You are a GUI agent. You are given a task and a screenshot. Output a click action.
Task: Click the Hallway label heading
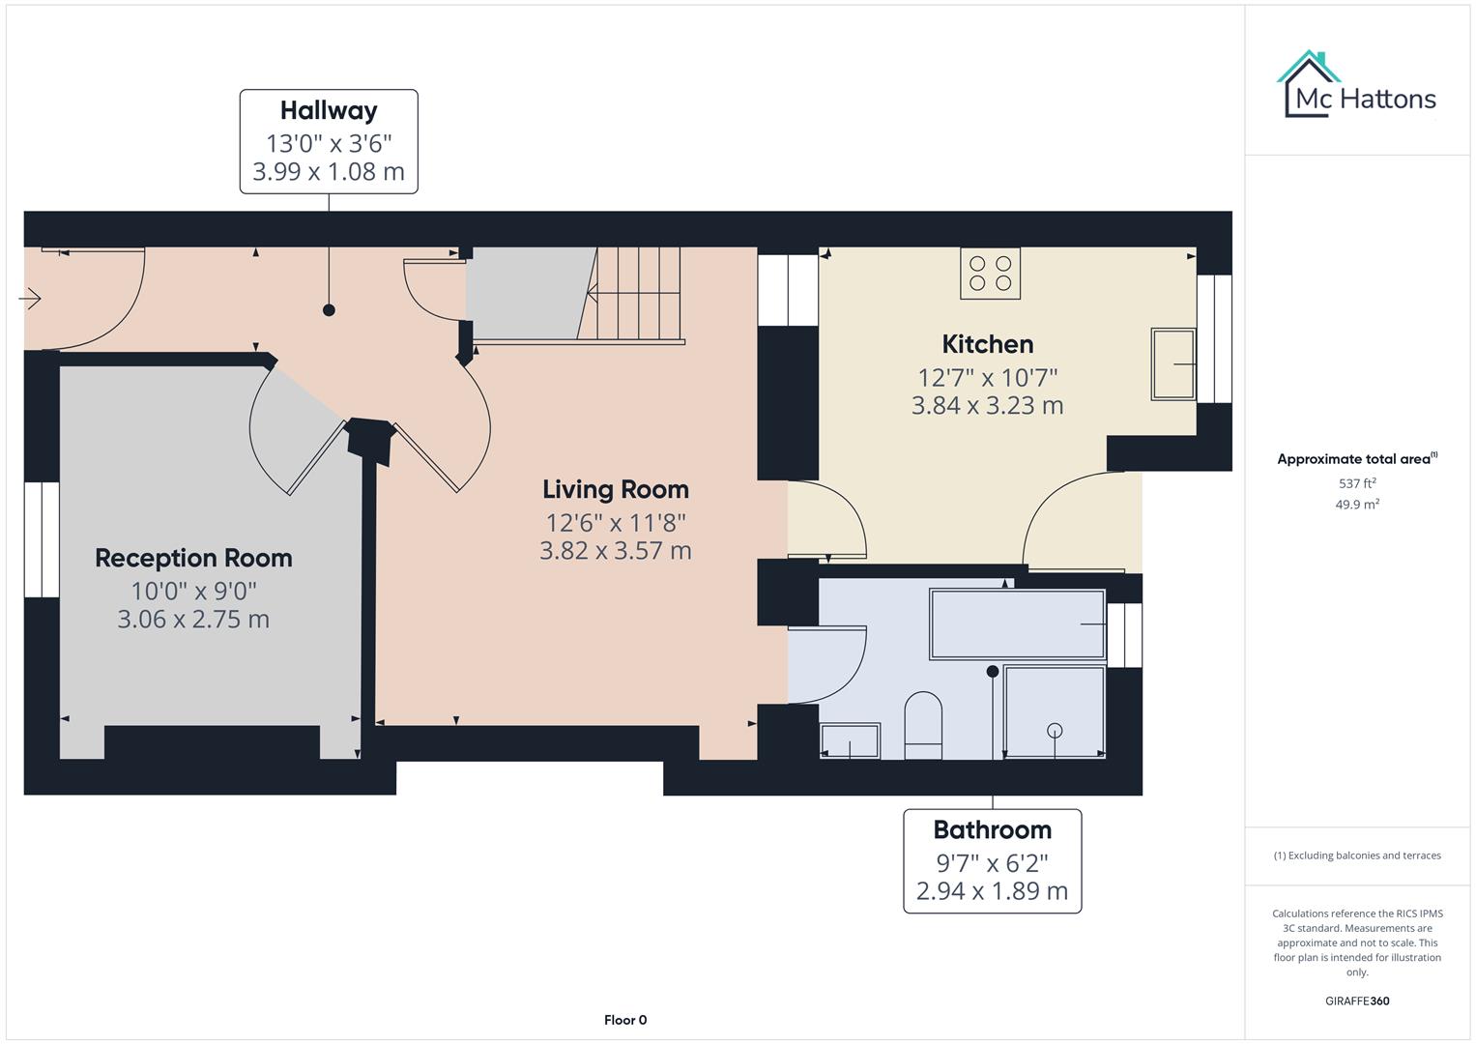click(329, 111)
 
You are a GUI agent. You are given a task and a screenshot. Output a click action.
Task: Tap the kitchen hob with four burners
click(990, 274)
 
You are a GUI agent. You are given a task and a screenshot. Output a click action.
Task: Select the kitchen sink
click(1172, 364)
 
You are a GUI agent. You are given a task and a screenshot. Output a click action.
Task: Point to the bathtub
click(1017, 624)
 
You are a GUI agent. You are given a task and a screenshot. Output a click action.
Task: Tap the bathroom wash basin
click(850, 740)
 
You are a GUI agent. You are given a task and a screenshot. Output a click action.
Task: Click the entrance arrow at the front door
click(30, 300)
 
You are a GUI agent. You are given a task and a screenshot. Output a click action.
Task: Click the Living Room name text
click(616, 490)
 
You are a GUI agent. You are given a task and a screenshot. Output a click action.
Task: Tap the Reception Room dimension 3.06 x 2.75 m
click(193, 620)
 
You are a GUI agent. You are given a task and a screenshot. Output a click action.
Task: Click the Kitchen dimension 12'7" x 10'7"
click(987, 377)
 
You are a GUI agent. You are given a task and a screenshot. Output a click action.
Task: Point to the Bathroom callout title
click(992, 830)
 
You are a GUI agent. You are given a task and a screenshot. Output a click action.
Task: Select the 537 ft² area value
click(1357, 483)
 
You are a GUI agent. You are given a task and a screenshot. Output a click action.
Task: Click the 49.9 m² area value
click(1357, 505)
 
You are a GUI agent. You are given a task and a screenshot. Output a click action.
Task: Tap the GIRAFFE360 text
click(1357, 1001)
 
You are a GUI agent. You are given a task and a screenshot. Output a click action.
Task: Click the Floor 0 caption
click(625, 1020)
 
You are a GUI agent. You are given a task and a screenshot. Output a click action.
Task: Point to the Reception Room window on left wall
click(42, 539)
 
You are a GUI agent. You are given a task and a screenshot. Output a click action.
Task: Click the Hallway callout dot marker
click(329, 310)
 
